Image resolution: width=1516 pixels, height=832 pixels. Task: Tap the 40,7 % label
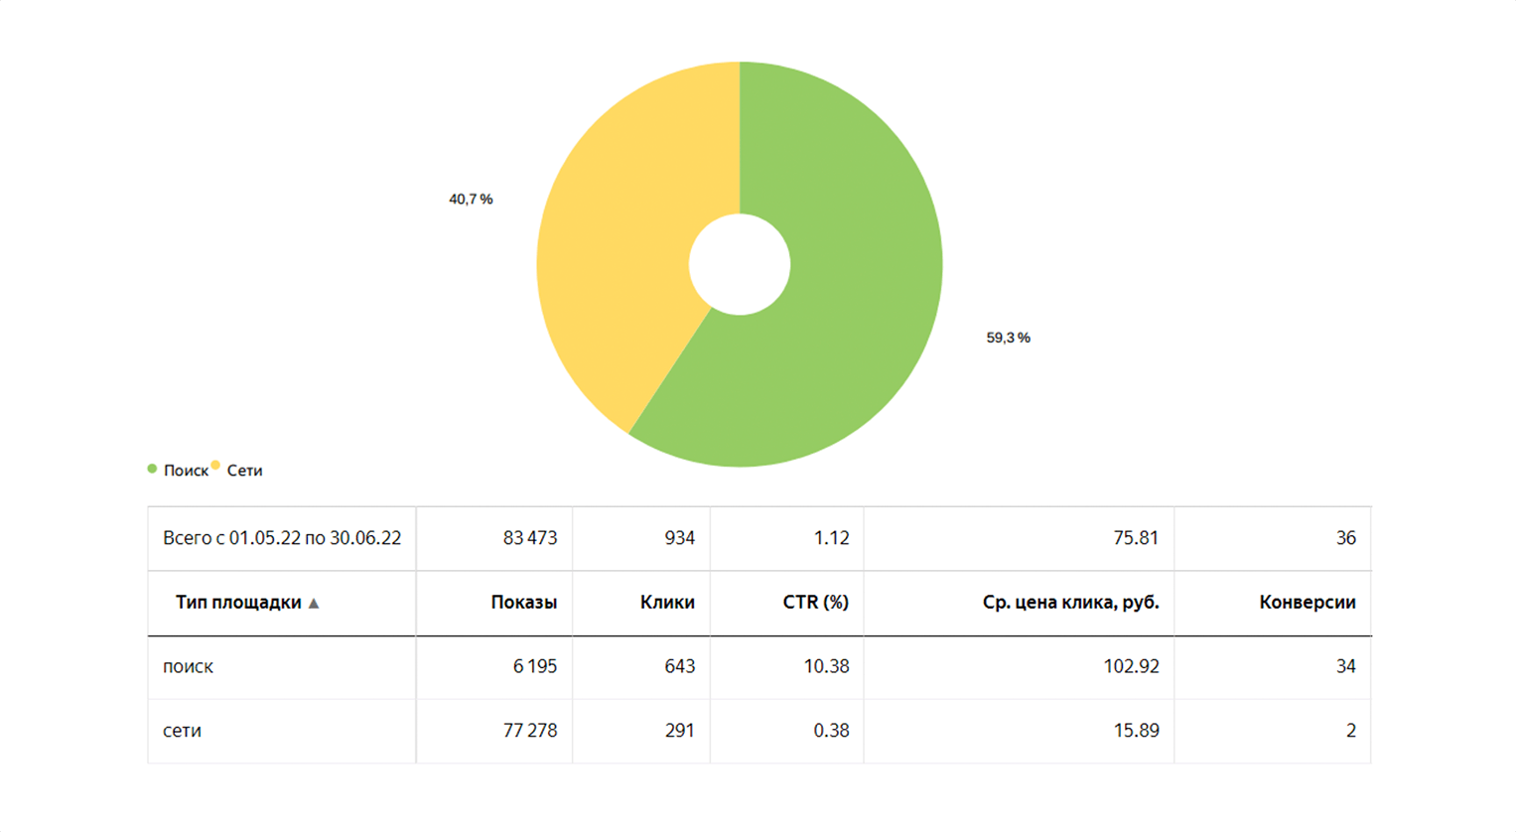coord(471,200)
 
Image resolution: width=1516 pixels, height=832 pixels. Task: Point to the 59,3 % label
coord(1008,338)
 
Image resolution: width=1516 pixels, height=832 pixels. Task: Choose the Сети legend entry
coord(244,471)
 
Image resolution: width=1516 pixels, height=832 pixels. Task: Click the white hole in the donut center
coord(740,264)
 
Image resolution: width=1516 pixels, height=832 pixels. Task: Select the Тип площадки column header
coord(238,603)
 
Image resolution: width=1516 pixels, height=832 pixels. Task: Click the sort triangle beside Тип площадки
coord(314,603)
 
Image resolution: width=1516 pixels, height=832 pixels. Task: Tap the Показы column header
coord(523,603)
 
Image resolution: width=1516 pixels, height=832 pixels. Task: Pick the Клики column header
coord(667,603)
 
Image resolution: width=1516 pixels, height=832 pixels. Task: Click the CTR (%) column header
coord(815,603)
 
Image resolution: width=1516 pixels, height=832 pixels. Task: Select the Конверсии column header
coord(1307,603)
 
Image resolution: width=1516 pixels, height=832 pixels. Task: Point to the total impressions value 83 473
coord(529,538)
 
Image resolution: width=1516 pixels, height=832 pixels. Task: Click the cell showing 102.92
coord(1131,666)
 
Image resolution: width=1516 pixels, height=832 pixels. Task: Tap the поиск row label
coord(188,666)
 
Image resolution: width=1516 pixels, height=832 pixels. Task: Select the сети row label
coord(182,731)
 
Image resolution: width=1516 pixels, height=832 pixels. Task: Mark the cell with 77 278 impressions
coord(529,731)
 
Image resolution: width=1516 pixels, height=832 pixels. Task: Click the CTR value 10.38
coord(826,666)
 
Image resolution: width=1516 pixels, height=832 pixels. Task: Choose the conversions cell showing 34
coord(1345,666)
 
